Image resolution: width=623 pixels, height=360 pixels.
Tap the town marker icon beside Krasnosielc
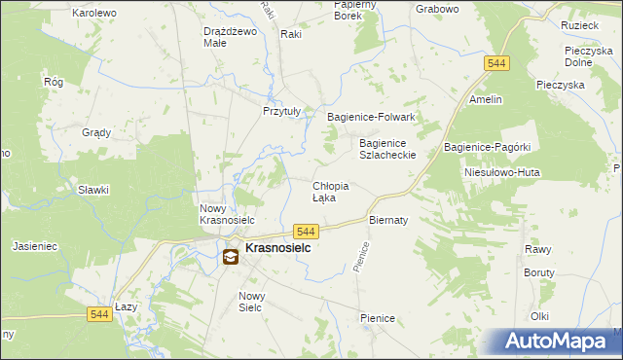[x=231, y=257]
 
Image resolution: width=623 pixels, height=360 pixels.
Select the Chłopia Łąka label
[x=330, y=192]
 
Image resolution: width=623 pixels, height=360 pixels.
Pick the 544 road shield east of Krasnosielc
[x=306, y=231]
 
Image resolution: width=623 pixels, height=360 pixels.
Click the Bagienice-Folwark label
[x=371, y=117]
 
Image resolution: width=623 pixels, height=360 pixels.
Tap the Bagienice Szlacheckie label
[x=387, y=149]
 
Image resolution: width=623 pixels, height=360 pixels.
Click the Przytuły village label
[x=285, y=111]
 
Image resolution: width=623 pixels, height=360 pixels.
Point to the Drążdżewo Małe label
[x=229, y=37]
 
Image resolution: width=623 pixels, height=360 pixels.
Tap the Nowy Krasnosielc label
[x=227, y=214]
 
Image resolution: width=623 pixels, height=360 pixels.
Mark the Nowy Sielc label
[x=252, y=302]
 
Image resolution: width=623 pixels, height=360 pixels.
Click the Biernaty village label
[x=387, y=220]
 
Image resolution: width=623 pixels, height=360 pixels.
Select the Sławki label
[x=93, y=191]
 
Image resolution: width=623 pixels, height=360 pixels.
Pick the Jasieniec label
[x=36, y=247]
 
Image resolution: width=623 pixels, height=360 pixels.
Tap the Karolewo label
[x=94, y=13]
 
